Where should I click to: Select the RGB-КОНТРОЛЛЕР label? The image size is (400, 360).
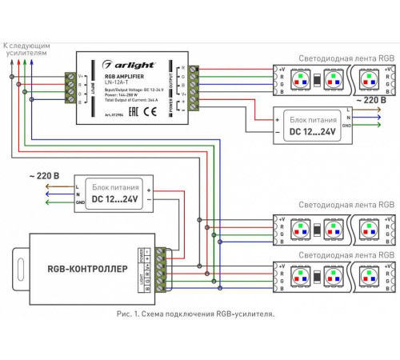(x=86, y=270)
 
